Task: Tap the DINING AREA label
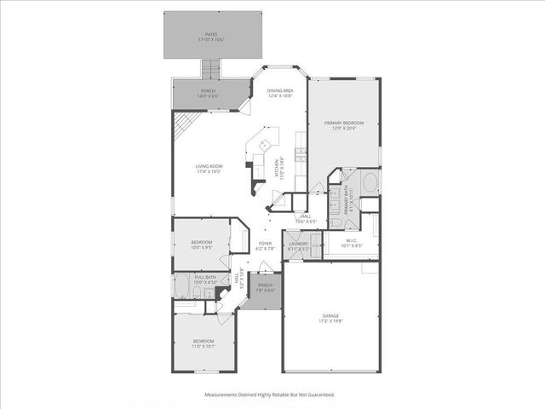280,90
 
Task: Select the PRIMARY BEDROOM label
343,123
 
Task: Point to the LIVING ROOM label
209,167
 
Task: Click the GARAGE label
331,314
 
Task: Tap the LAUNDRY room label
298,244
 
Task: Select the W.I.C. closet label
352,241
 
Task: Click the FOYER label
265,244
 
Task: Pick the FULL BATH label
204,277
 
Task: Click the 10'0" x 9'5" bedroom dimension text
202,249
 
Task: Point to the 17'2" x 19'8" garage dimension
331,320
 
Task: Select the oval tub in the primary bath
370,182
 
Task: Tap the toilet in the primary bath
336,223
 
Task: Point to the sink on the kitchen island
264,144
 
